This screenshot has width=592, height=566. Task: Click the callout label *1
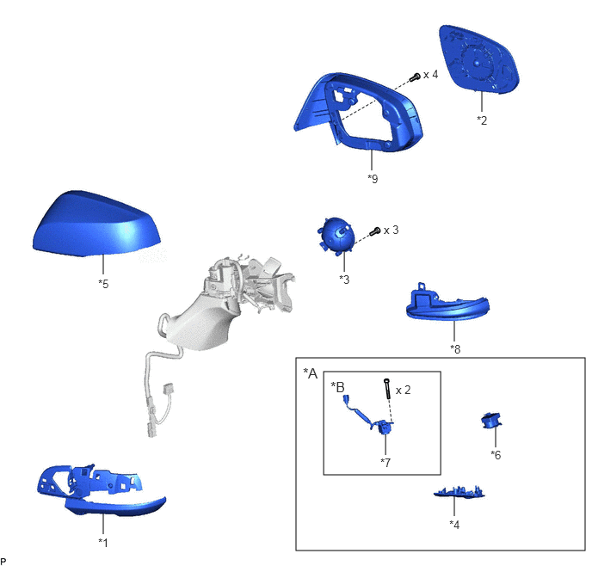pos(103,542)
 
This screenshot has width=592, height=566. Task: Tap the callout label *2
pos(482,120)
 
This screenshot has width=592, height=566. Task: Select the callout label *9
pos(373,178)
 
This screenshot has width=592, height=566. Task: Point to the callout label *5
pos(103,283)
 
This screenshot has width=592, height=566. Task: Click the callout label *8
pos(455,349)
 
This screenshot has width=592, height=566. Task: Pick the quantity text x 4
pos(431,74)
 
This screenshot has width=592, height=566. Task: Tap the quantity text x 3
pos(392,230)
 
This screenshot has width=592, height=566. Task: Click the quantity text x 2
pos(404,390)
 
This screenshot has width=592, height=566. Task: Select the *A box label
pos(311,373)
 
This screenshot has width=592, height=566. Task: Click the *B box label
pos(337,387)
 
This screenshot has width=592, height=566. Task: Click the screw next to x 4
pos(415,77)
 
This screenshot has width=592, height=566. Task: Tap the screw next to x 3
pos(374,231)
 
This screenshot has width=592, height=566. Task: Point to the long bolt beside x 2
pos(386,389)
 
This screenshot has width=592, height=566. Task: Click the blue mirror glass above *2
pos(478,59)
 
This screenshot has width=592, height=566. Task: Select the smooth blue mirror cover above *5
pos(96,225)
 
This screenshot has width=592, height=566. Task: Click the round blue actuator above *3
pos(336,236)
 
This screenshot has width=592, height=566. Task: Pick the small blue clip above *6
pos(491,421)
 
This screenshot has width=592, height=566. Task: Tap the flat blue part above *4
pos(459,492)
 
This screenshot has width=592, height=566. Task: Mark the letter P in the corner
pos(3,562)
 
